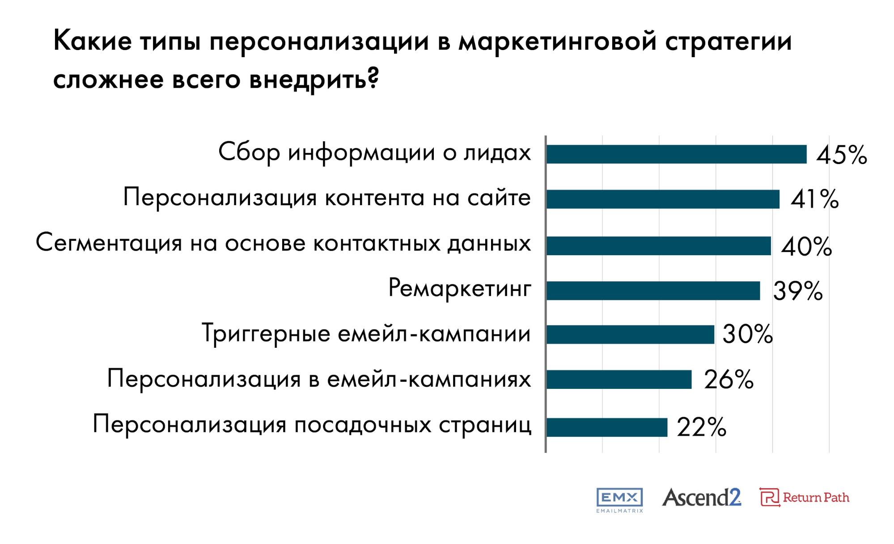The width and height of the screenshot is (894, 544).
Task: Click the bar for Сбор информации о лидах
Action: [676, 154]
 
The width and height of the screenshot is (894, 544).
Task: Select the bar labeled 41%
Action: [663, 199]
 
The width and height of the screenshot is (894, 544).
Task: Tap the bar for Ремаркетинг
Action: [653, 291]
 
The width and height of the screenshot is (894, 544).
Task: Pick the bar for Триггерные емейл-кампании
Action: [630, 334]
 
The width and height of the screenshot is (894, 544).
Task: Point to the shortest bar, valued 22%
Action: [607, 427]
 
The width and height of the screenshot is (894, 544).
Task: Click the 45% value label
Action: [842, 156]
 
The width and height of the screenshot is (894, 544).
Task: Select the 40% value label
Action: [806, 247]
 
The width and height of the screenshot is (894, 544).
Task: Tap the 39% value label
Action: [798, 291]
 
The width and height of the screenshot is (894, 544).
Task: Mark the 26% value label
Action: [729, 380]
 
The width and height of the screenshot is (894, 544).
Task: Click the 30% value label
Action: [747, 334]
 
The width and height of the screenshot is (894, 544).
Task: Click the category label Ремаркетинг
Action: [460, 288]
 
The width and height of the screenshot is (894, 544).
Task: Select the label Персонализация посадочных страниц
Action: [312, 424]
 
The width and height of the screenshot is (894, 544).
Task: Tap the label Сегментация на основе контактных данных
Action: [284, 244]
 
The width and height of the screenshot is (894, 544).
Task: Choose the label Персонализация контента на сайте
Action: [327, 198]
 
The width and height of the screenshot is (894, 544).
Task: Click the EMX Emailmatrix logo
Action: [619, 500]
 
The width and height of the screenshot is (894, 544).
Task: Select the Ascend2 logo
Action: [701, 498]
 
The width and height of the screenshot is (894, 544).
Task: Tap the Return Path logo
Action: [804, 498]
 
